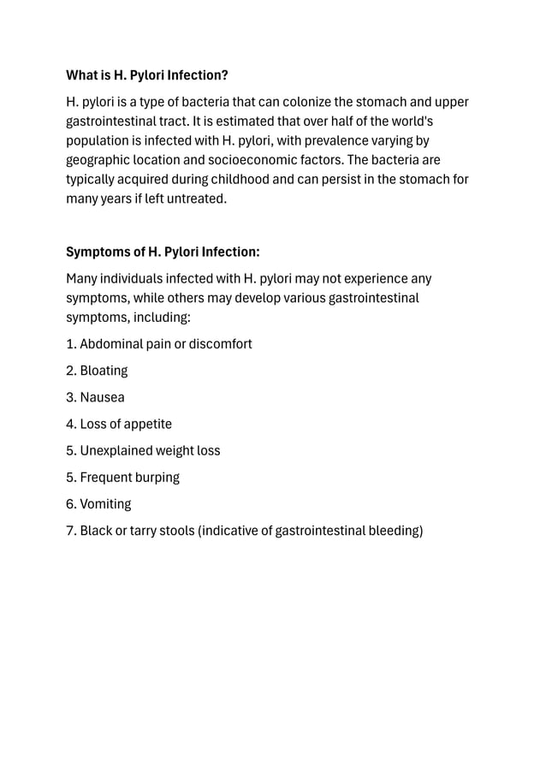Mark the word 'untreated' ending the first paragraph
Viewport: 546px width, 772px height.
pyautogui.click(x=198, y=199)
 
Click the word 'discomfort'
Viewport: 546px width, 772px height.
pyautogui.click(x=220, y=344)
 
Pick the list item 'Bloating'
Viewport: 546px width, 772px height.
pyautogui.click(x=104, y=371)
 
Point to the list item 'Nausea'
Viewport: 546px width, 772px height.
pyautogui.click(x=102, y=397)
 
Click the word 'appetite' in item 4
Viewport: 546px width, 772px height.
pyautogui.click(x=145, y=424)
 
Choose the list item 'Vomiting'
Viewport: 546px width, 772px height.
pyautogui.click(x=105, y=504)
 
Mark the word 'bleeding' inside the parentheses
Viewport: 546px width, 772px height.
pyautogui.click(x=395, y=531)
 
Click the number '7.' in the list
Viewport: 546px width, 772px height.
pyautogui.click(x=71, y=531)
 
